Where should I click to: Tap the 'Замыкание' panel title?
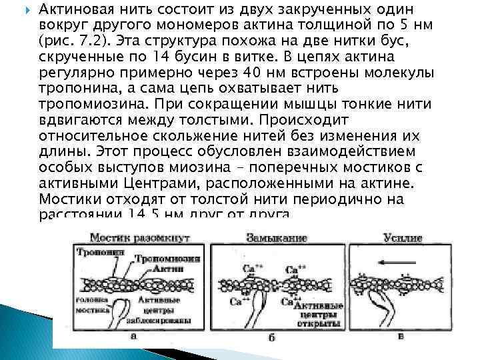276,237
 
